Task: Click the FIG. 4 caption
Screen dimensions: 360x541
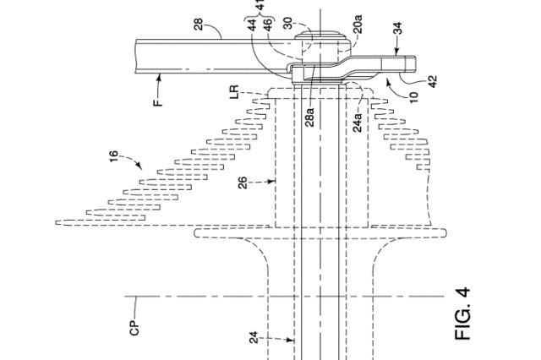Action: (463, 314)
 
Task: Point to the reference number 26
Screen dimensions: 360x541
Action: (244, 184)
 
